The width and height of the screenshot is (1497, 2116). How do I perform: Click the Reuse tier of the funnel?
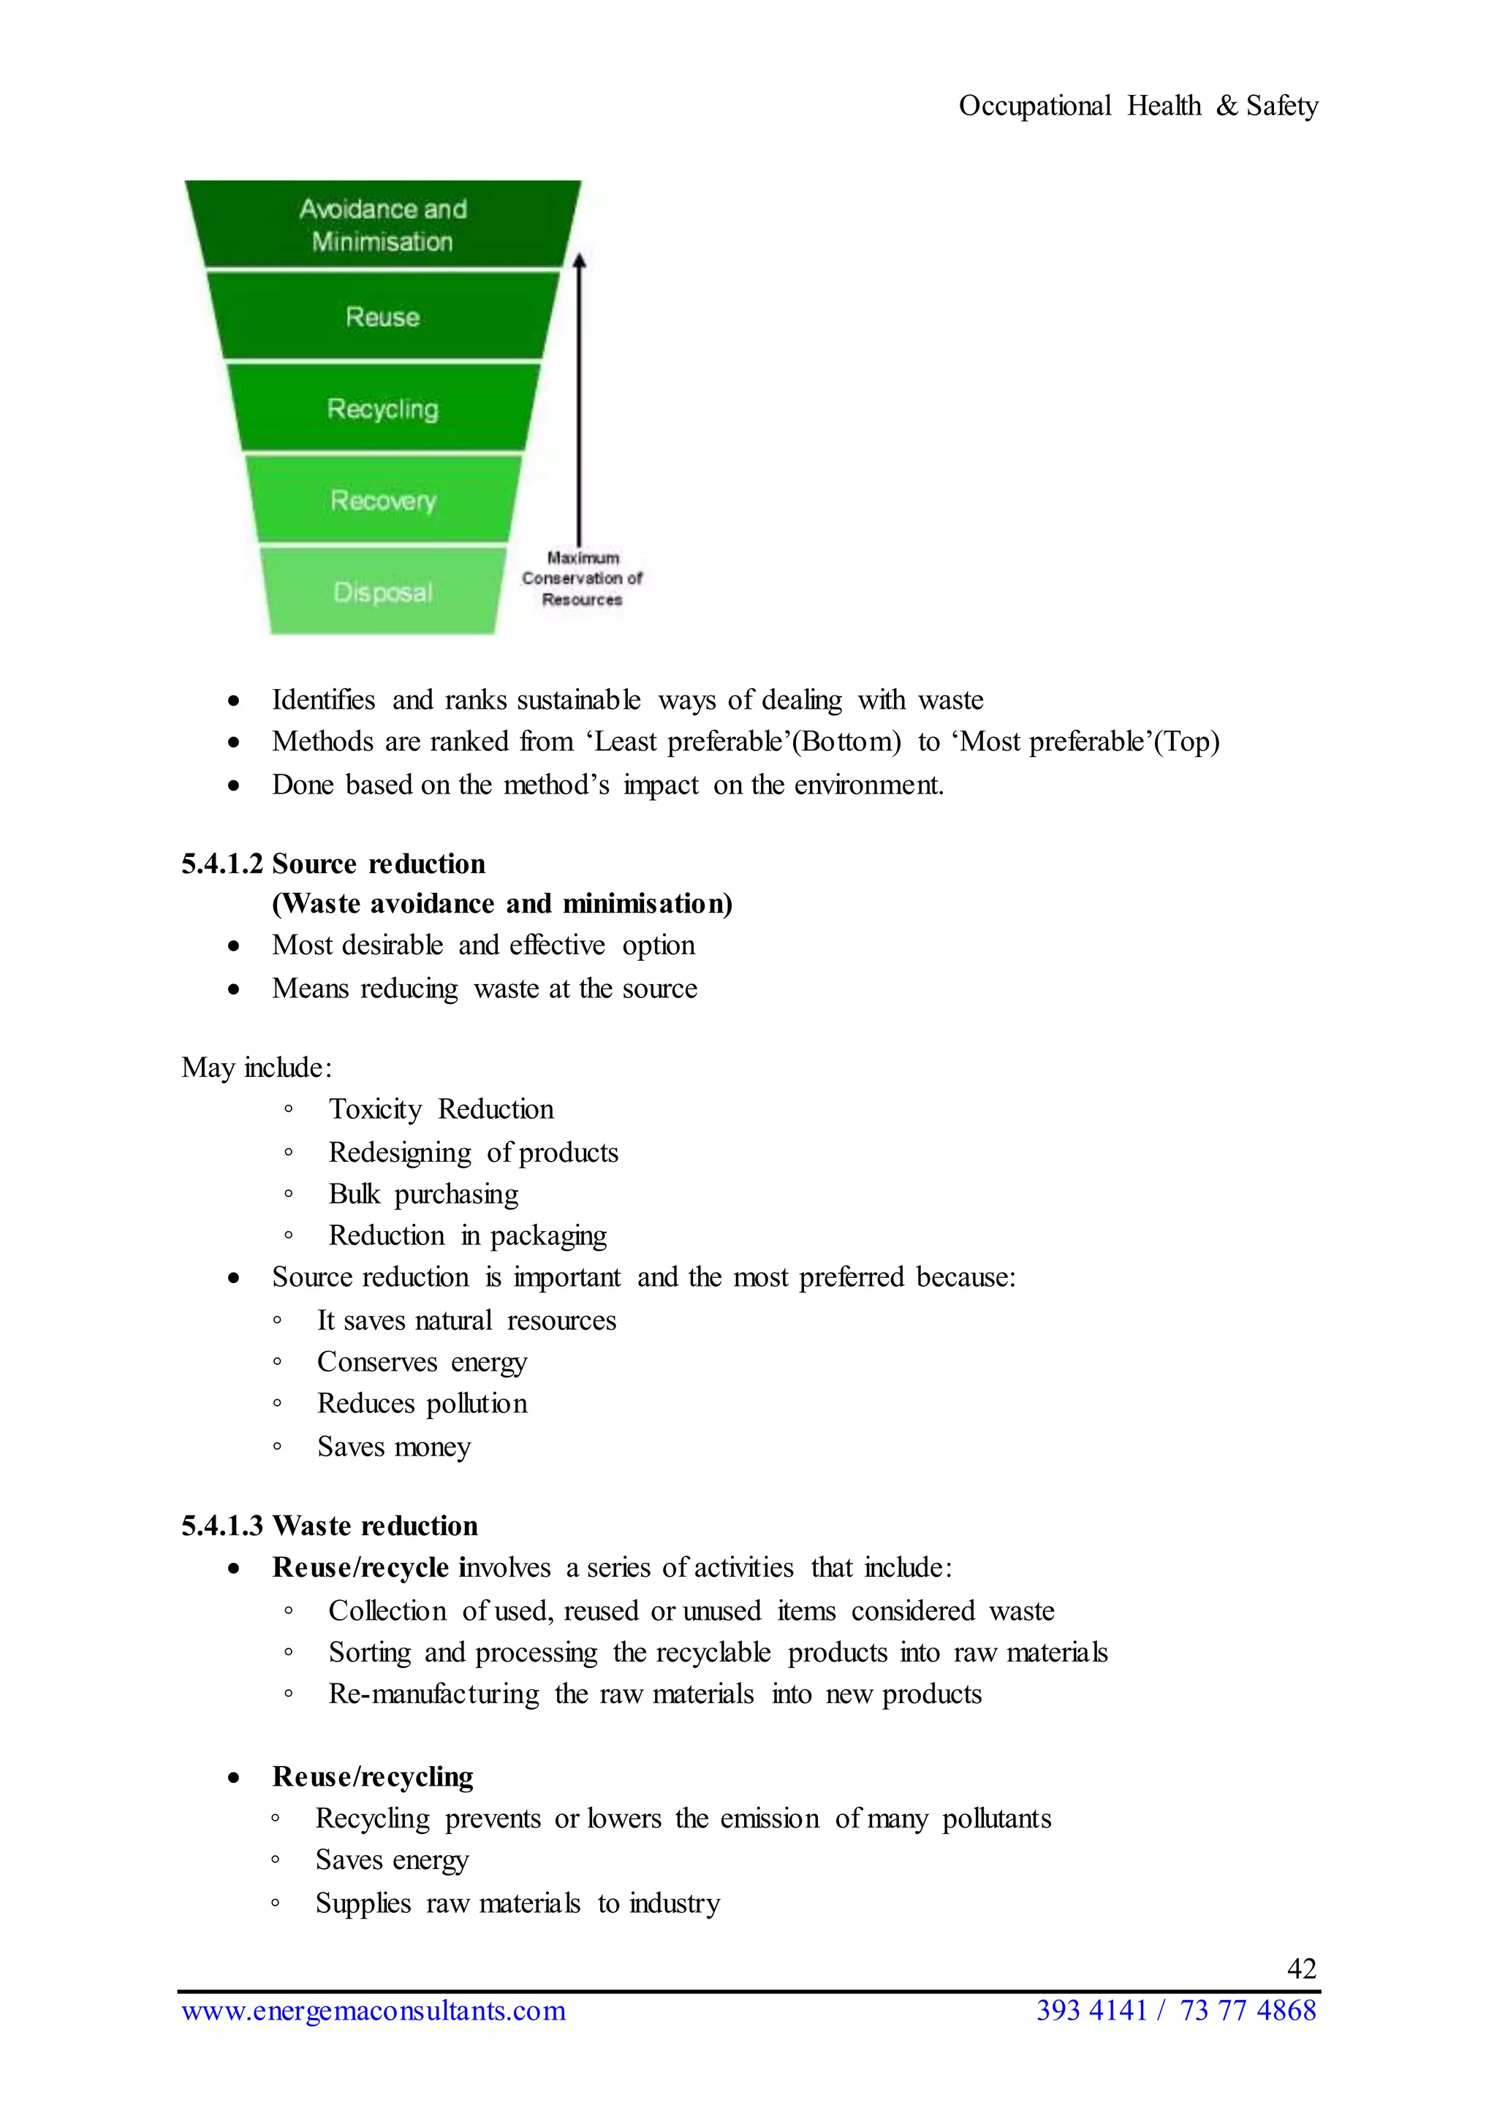[x=382, y=316]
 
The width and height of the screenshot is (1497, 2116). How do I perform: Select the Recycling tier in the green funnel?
[x=382, y=408]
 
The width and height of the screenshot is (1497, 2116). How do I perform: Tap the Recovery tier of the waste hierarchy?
[x=382, y=501]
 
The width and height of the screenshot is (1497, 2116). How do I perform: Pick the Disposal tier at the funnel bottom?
[x=382, y=592]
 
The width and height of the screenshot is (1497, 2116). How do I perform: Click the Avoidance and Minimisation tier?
[x=382, y=225]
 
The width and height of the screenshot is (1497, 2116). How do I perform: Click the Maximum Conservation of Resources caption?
[x=582, y=579]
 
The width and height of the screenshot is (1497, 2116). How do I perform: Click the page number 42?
[x=1300, y=1968]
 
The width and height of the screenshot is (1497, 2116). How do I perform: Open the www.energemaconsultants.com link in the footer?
[x=374, y=2010]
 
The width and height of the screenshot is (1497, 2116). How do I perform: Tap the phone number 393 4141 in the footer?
[x=1091, y=2010]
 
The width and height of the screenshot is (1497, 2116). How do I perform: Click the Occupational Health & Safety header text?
[x=1137, y=106]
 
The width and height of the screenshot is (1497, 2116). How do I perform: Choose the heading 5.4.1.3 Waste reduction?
[x=329, y=1525]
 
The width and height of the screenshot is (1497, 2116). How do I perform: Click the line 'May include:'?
[x=257, y=1067]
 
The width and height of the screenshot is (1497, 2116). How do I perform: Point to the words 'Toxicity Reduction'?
[x=441, y=1108]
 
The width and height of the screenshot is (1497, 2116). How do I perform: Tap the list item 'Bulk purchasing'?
[x=423, y=1193]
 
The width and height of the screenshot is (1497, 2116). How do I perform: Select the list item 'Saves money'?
[x=393, y=1446]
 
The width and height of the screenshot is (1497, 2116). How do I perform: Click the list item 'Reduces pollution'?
[x=422, y=1404]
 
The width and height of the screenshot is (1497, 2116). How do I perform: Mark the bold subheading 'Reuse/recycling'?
[x=372, y=1776]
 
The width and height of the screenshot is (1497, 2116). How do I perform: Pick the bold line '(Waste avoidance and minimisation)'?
[x=501, y=903]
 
